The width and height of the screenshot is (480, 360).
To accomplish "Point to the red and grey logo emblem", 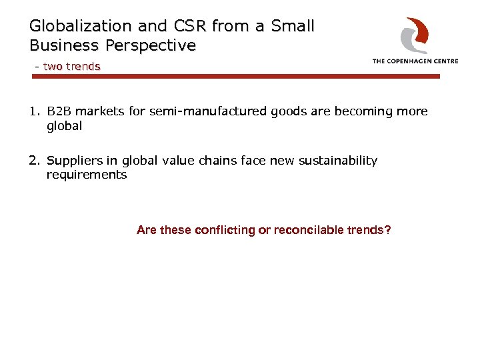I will pos(415,35).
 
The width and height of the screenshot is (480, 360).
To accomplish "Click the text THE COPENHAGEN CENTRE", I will pos(415,61).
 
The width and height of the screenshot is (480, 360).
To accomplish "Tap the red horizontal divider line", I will pos(236,77).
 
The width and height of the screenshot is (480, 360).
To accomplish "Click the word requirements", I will pos(86,175).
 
